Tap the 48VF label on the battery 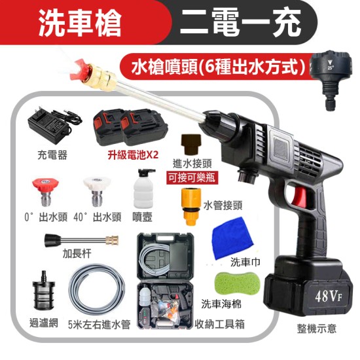pyautogui.click(x=329, y=296)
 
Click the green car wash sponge pyautogui.click(x=237, y=285)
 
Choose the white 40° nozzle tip pyautogui.click(x=97, y=192)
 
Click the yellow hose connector pyautogui.click(x=191, y=206)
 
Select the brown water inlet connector pyautogui.click(x=191, y=143)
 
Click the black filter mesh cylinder pyautogui.click(x=43, y=291)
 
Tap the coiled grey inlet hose pyautogui.click(x=97, y=290)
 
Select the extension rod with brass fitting pyautogui.click(x=81, y=240)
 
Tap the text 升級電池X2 pyautogui.click(x=133, y=155)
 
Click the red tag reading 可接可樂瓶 pyautogui.click(x=192, y=177)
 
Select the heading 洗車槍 pyautogui.click(x=80, y=24)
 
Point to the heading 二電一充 pyautogui.click(x=240, y=23)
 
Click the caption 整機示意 pyautogui.click(x=317, y=329)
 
